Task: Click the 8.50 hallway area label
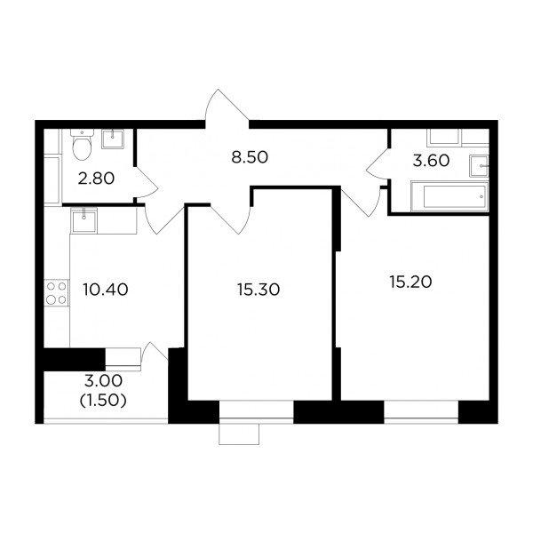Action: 250,157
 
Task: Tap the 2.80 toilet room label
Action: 96,179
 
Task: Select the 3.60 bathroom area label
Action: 431,161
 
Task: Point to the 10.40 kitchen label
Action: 106,290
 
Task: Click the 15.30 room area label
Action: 259,290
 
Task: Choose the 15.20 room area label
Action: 410,282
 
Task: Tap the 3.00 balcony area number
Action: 103,381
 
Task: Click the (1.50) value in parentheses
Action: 103,401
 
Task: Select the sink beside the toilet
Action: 113,139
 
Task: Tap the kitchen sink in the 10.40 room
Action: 84,220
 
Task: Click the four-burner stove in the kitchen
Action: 57,292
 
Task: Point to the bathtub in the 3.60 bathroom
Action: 449,196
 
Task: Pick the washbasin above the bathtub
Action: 479,166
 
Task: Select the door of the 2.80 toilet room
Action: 147,182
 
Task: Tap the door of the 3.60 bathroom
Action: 378,163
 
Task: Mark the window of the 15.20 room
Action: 421,412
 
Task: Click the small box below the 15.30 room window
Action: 239,434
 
